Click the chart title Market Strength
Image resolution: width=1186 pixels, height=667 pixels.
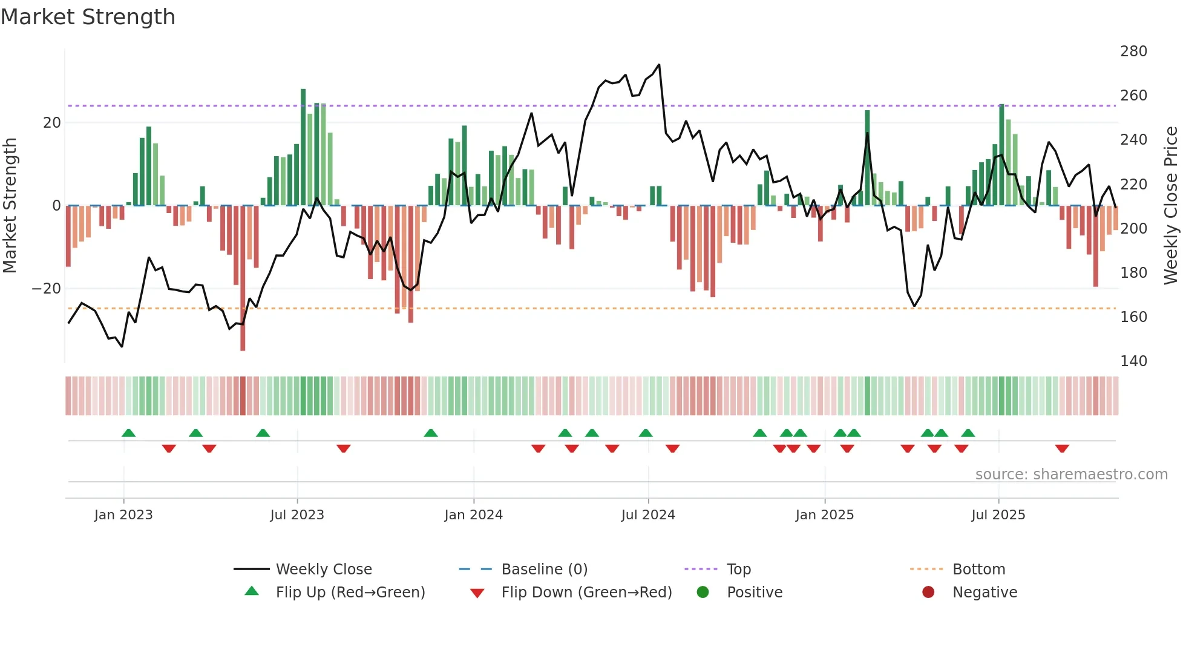pyautogui.click(x=88, y=17)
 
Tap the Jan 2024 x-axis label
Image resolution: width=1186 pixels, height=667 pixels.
pyautogui.click(x=473, y=515)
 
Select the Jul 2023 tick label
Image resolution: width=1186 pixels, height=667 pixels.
pyautogui.click(x=297, y=515)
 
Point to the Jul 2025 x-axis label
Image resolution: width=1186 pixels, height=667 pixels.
pyautogui.click(x=998, y=515)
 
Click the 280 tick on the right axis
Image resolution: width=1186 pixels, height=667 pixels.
pyautogui.click(x=1133, y=51)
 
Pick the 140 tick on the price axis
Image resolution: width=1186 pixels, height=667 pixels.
pyautogui.click(x=1133, y=361)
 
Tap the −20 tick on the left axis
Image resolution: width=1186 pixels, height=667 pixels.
pyautogui.click(x=47, y=289)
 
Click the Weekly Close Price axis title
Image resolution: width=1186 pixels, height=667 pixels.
pyautogui.click(x=1171, y=206)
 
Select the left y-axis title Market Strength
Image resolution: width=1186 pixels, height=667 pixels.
pyautogui.click(x=10, y=206)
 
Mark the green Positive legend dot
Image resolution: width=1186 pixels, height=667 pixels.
pyautogui.click(x=703, y=592)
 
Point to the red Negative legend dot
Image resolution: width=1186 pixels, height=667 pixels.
pyautogui.click(x=928, y=592)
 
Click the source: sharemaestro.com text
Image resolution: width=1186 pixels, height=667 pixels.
pyautogui.click(x=1071, y=475)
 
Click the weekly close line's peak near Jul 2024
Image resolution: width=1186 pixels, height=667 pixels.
pyautogui.click(x=659, y=65)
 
